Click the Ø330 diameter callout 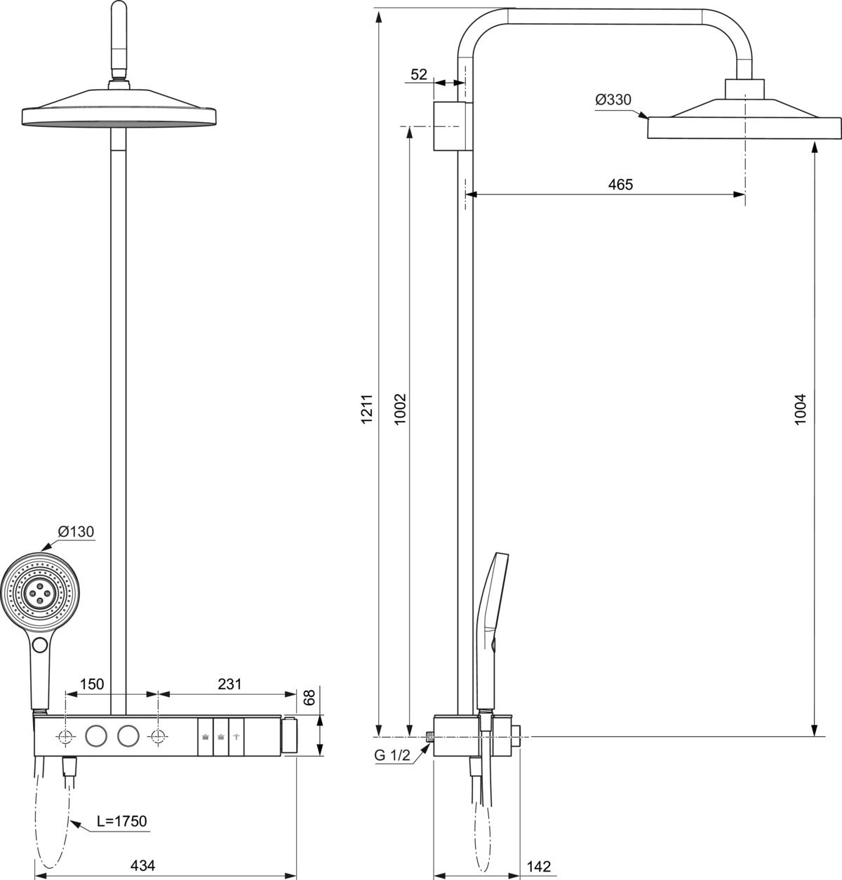click(613, 100)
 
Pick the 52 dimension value click(419, 74)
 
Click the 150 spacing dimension click(92, 684)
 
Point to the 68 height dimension click(307, 698)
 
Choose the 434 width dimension click(143, 865)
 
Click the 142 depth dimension click(538, 865)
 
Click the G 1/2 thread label click(394, 755)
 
